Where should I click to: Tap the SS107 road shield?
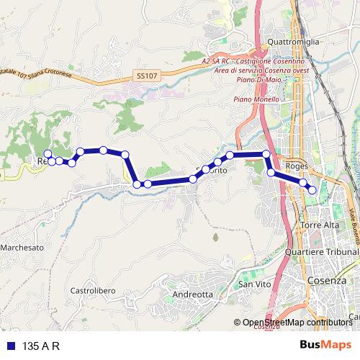click(145, 75)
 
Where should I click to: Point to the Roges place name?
click(297, 166)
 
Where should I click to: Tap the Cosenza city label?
click(326, 280)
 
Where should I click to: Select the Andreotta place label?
click(193, 294)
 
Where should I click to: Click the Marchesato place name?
click(22, 247)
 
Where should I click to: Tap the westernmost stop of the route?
click(48, 153)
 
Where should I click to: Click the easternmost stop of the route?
click(312, 189)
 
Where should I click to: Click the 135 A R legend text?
click(40, 346)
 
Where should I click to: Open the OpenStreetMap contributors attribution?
click(297, 323)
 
